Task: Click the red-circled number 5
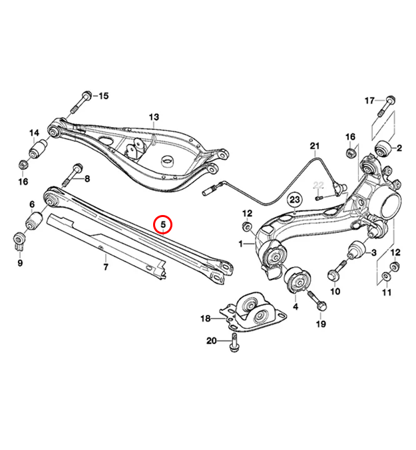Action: [162, 224]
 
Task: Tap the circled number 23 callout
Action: [295, 200]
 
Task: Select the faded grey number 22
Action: [318, 186]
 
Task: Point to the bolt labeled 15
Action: [81, 103]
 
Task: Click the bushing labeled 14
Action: [39, 148]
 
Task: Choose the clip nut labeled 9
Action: [20, 241]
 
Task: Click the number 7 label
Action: [106, 267]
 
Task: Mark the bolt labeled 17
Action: [385, 107]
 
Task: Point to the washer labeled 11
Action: [386, 277]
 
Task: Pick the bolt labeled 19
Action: [317, 300]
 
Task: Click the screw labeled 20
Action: [234, 342]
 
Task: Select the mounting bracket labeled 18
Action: [254, 312]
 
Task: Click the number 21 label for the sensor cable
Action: [315, 146]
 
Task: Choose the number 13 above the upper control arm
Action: [154, 117]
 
